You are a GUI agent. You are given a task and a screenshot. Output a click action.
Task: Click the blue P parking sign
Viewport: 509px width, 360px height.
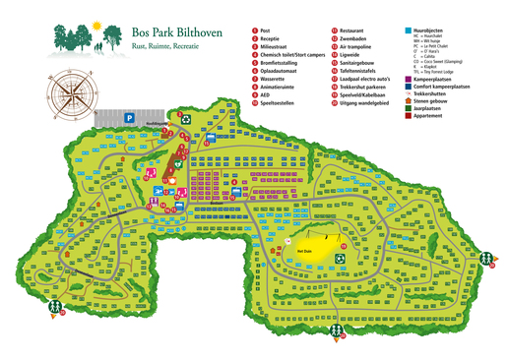[x=128, y=116]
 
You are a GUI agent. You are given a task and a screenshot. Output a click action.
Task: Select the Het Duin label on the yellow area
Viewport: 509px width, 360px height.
[x=303, y=251]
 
